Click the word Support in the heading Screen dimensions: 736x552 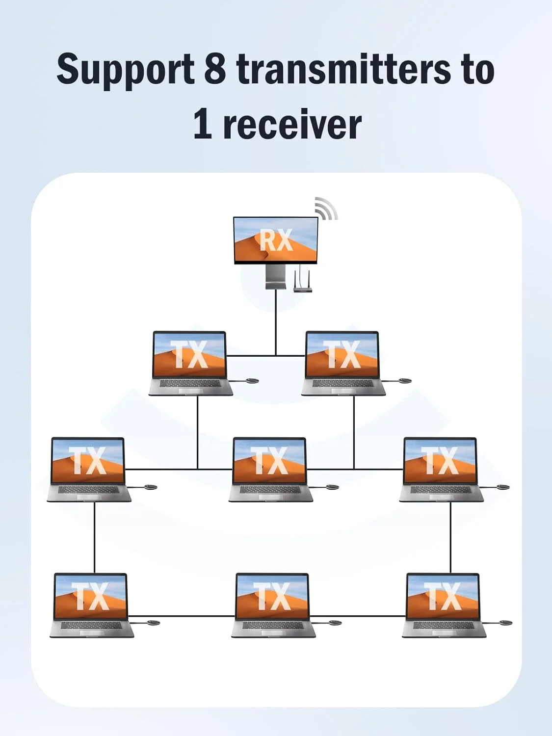coord(125,69)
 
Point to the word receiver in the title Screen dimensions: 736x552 coord(292,125)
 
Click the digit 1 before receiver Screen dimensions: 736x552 coord(203,124)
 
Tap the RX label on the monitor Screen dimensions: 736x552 coord(276,240)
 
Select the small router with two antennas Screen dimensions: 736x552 coord(302,284)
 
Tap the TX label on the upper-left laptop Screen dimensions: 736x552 coord(189,354)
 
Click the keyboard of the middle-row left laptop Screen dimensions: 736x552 coord(89,490)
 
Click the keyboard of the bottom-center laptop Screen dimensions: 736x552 coord(273,626)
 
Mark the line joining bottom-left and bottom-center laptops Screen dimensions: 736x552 coord(182,616)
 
